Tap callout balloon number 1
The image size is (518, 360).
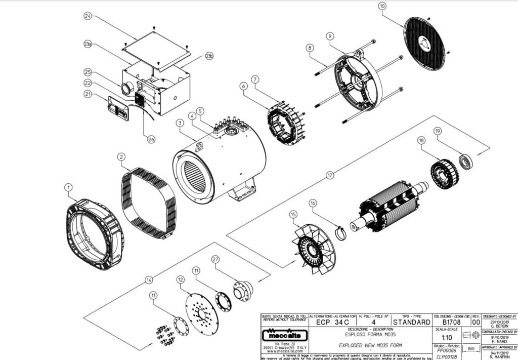point(68,187)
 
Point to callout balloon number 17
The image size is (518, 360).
point(330,176)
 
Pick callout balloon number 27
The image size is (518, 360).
point(215,259)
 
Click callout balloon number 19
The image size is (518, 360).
point(438,131)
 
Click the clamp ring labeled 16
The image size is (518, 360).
point(342,234)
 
